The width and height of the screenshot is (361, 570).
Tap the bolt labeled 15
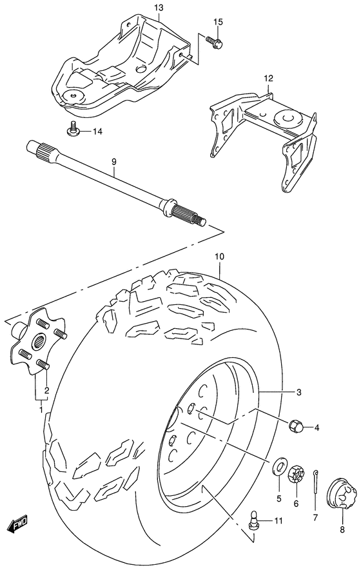(x=215, y=42)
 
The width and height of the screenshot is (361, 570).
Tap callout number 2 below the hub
(x=46, y=390)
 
